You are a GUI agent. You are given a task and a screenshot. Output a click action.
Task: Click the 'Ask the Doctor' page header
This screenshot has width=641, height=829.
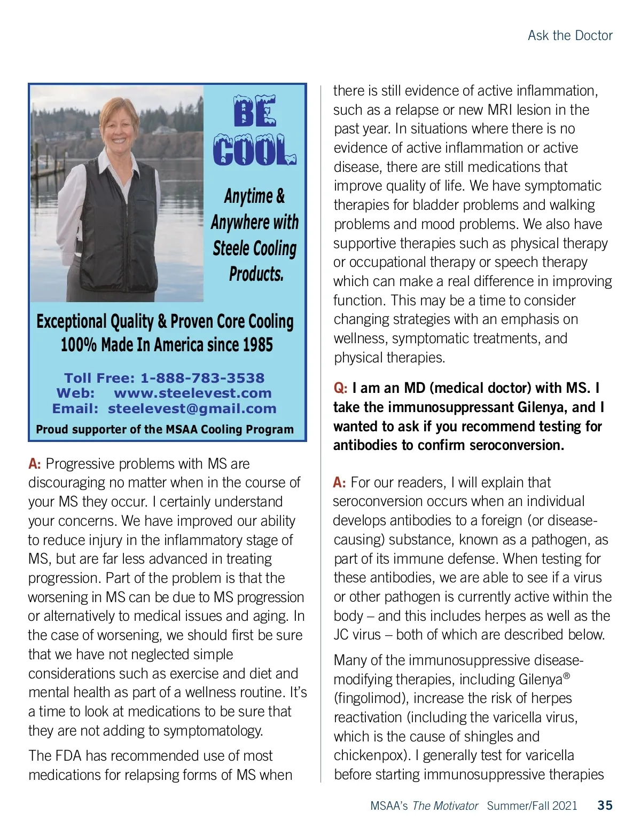pos(569,36)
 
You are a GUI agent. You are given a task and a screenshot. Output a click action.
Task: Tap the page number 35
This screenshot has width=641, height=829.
pos(605,805)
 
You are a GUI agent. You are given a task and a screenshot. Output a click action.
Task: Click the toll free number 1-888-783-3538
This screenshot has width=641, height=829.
pos(202,378)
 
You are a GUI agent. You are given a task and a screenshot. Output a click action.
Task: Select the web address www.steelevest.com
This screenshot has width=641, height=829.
pos(193,393)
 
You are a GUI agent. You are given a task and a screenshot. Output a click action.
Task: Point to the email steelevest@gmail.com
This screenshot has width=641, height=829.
pos(192,409)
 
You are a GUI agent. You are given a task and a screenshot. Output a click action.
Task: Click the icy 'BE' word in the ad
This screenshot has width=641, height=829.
pos(255,113)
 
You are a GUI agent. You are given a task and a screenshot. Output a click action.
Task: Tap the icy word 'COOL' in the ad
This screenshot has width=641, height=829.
pos(254,150)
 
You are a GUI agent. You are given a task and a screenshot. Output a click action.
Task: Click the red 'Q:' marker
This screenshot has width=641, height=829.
pos(340,388)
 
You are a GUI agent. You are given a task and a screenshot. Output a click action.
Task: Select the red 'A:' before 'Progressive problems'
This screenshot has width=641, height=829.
pos(35,464)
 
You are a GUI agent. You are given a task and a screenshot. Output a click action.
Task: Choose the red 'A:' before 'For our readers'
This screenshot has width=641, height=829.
pos(339,483)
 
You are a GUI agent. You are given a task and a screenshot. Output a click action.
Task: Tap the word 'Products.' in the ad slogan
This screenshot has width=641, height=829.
pos(256,274)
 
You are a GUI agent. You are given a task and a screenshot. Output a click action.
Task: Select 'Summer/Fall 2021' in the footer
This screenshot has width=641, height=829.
pos(532,806)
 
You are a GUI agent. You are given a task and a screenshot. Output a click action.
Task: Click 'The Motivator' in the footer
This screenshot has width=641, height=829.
pos(445,806)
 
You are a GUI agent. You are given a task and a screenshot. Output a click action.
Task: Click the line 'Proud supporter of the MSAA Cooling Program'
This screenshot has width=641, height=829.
pos(165,429)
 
